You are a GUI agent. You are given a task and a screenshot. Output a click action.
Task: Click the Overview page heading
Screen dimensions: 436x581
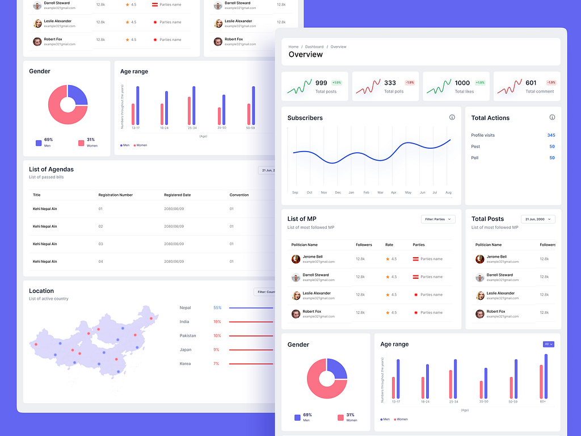click(305, 55)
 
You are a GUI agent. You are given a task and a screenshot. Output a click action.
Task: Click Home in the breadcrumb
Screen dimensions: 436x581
click(293, 47)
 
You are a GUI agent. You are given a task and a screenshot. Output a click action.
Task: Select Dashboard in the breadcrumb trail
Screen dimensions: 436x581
click(314, 47)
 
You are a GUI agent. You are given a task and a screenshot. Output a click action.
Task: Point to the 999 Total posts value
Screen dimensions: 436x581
click(321, 83)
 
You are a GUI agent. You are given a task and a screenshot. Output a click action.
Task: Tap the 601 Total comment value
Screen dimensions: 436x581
click(531, 83)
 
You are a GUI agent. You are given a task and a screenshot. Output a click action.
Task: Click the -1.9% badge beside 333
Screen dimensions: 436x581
click(410, 83)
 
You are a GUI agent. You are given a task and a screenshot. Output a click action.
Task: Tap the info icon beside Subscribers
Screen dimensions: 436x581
click(452, 118)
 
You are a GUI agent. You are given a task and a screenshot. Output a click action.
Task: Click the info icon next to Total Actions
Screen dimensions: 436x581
click(552, 118)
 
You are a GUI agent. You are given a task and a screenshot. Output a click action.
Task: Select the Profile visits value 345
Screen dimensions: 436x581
click(551, 135)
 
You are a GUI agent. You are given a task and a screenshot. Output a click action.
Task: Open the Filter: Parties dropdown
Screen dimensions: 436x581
click(438, 219)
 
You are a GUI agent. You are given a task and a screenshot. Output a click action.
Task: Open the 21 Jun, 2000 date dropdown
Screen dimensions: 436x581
click(538, 219)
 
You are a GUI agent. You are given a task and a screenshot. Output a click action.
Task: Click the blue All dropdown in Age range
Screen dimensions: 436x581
click(548, 344)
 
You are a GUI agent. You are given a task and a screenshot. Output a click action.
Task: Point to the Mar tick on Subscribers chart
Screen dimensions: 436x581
click(380, 192)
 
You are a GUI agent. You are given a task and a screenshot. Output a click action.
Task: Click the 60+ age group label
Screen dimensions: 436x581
click(543, 402)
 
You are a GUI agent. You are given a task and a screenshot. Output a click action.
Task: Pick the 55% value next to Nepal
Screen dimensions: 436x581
click(217, 308)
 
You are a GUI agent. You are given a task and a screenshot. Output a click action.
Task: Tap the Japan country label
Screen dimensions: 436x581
click(185, 350)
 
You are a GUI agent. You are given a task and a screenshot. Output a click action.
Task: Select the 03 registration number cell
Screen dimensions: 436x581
click(100, 244)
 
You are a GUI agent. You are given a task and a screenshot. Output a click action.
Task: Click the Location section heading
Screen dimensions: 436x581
click(41, 291)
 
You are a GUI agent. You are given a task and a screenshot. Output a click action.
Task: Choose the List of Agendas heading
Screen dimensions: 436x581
click(51, 169)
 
